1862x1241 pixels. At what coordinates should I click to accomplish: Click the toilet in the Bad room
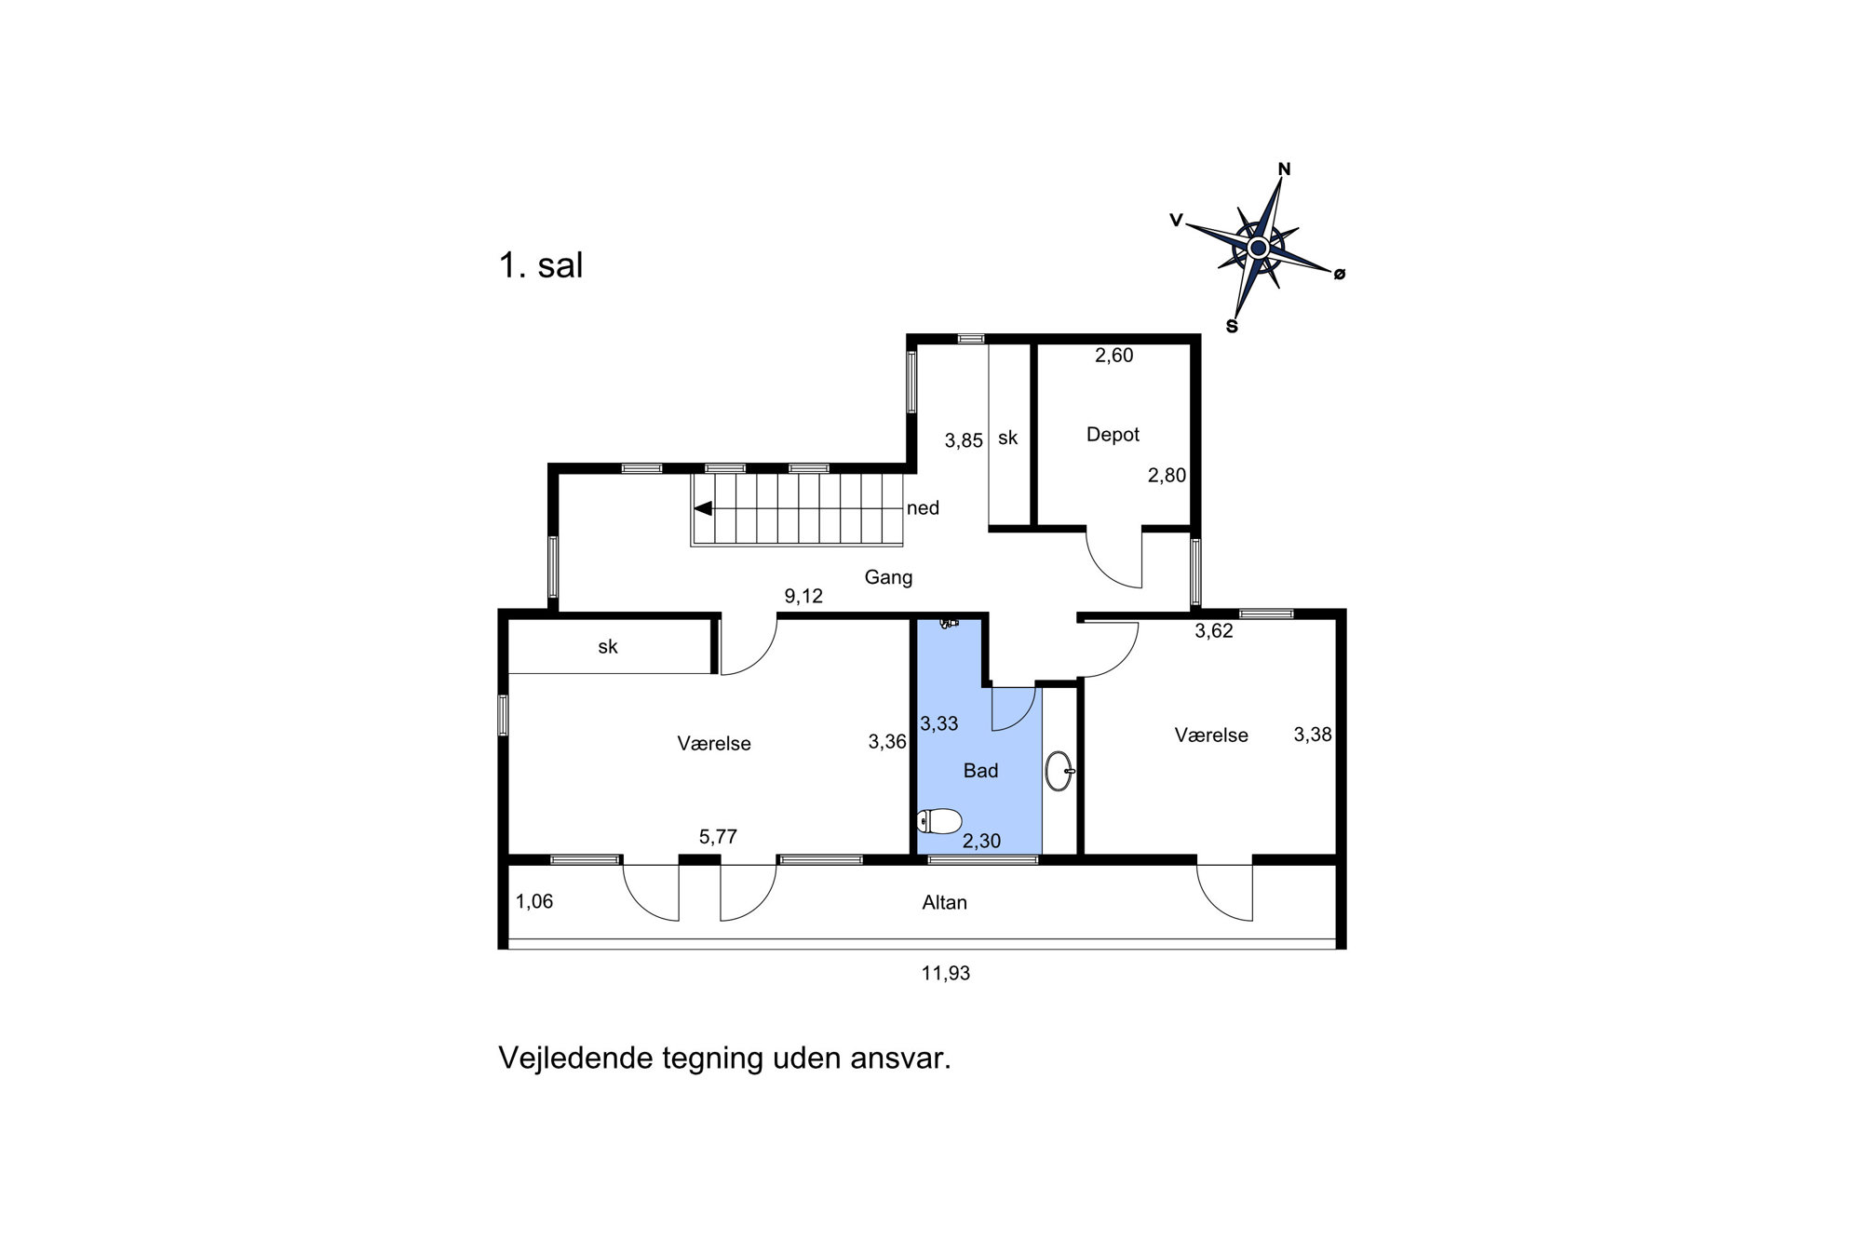pyautogui.click(x=938, y=821)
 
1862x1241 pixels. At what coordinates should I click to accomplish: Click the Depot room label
pyautogui.click(x=1113, y=435)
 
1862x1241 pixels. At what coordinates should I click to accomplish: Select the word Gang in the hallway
pyautogui.click(x=888, y=577)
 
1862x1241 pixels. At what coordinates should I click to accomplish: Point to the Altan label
pyautogui.click(x=944, y=902)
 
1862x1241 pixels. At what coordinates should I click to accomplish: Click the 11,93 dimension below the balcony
pyautogui.click(x=946, y=974)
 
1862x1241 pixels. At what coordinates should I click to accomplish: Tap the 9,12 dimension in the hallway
pyautogui.click(x=803, y=596)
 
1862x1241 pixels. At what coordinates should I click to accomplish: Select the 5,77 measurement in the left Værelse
pyautogui.click(x=718, y=837)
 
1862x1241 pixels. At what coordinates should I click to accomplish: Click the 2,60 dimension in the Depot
pyautogui.click(x=1113, y=355)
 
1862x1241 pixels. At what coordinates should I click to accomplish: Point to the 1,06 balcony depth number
pyautogui.click(x=534, y=901)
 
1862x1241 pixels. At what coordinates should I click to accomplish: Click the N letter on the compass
pyautogui.click(x=1284, y=169)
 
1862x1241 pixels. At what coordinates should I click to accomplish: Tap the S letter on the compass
pyautogui.click(x=1232, y=327)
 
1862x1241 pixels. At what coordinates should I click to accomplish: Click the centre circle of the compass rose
pyautogui.click(x=1258, y=248)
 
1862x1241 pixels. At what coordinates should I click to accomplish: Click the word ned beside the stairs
pyautogui.click(x=923, y=508)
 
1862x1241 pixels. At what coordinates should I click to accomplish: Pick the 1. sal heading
pyautogui.click(x=541, y=265)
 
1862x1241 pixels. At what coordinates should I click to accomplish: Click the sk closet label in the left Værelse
pyautogui.click(x=608, y=646)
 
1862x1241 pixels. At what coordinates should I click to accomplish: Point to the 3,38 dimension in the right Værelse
pyautogui.click(x=1313, y=735)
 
